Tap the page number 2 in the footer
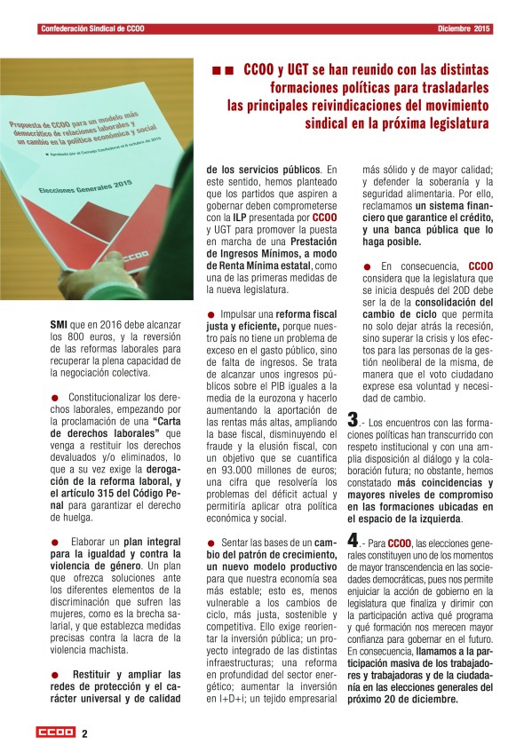tap(84, 733)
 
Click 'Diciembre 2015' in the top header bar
tap(465, 29)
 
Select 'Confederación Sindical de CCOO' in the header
tap(92, 29)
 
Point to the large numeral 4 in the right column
tap(353, 539)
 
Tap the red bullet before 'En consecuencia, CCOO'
tap(368, 266)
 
